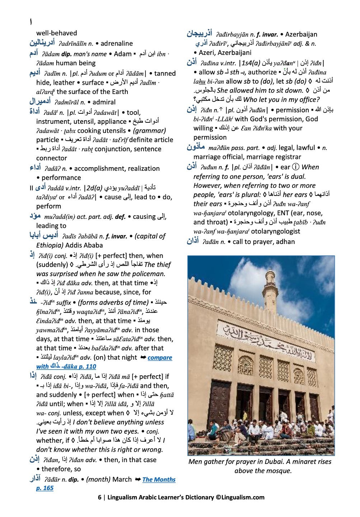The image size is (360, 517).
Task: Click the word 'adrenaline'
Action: click(x=117, y=43)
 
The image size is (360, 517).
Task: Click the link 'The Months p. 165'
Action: click(x=159, y=479)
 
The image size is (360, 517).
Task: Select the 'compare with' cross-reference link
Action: click(x=160, y=358)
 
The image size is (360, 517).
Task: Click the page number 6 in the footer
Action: click(x=99, y=497)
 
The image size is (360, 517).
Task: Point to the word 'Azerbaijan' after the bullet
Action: click(x=301, y=34)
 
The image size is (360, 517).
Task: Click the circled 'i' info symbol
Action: click(x=295, y=167)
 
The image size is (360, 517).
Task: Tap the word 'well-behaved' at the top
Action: click(x=56, y=33)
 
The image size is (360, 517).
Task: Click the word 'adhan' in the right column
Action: click(x=286, y=242)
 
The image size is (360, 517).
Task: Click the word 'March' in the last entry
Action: click(x=122, y=479)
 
